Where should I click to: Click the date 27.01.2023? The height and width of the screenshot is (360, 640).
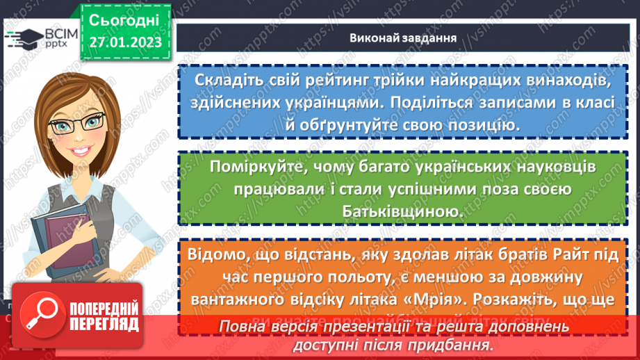point(124,42)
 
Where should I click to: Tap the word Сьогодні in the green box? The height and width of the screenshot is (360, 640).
point(124,19)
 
